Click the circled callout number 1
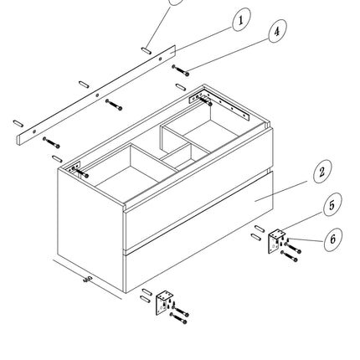(241, 19)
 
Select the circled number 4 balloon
(277, 31)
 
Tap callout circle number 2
(322, 172)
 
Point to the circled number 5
(332, 204)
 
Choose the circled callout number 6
(333, 239)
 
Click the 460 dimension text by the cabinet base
(88, 279)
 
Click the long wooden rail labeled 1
(97, 95)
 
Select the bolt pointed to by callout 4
(180, 70)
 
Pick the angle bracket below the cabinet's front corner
(164, 302)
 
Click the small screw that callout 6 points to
(288, 239)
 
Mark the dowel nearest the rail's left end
(18, 123)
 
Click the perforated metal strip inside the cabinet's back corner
(219, 106)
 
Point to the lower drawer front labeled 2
(198, 233)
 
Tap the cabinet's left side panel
(91, 229)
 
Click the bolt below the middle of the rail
(114, 105)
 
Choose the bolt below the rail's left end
(51, 142)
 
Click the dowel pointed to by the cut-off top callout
(147, 51)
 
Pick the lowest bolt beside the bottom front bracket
(178, 318)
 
